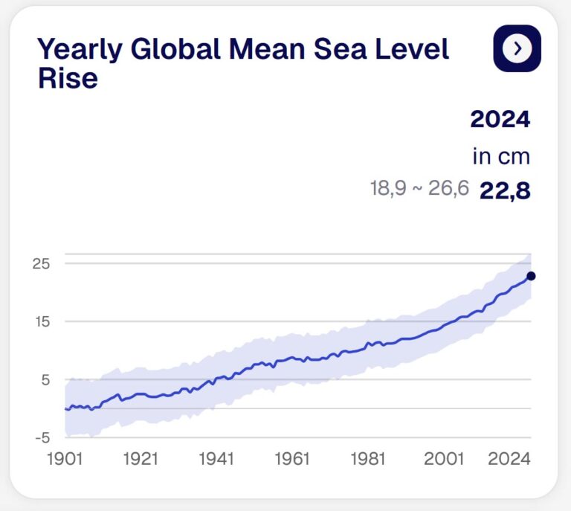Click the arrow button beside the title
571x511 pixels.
coord(517,48)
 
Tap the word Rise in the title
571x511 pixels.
coord(68,78)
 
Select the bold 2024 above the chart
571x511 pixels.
coord(500,119)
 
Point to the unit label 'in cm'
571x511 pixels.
coord(501,157)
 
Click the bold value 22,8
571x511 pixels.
coord(505,191)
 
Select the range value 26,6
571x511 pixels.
coord(448,188)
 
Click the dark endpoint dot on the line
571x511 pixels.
coord(531,276)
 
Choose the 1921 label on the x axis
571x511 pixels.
coord(141,459)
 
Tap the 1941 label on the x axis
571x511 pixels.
coord(216,459)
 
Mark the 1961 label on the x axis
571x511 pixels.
coord(291,459)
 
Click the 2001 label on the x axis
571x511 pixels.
coord(445,459)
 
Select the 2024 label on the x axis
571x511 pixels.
coord(509,459)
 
